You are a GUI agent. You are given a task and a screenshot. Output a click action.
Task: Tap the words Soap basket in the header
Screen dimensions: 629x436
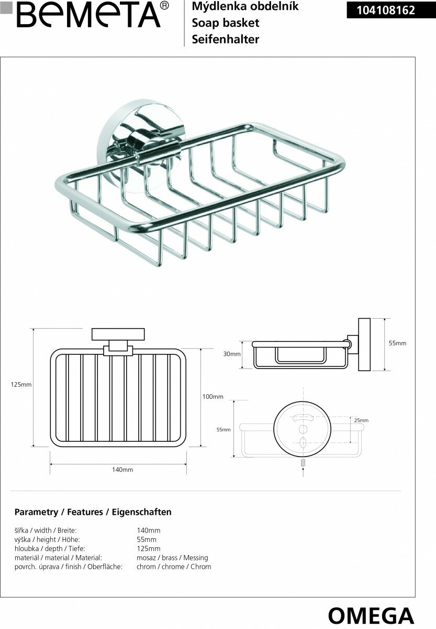tap(226, 23)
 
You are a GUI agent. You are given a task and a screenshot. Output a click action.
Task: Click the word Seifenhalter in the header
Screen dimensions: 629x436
tap(226, 39)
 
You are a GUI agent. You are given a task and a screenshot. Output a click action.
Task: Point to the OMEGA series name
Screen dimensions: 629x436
tap(371, 615)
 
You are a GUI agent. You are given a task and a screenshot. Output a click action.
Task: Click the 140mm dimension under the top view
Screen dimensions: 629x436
tap(122, 470)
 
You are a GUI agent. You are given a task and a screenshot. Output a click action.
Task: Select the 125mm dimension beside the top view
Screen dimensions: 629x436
tap(21, 384)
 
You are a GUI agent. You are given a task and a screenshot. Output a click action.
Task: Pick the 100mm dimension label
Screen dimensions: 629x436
tap(213, 397)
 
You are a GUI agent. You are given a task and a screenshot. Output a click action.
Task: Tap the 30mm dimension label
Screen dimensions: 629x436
tap(231, 354)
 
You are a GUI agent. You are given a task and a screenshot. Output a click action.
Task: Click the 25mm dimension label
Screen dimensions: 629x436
tap(361, 420)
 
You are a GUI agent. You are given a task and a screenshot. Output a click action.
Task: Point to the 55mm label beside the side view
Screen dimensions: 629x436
tap(397, 343)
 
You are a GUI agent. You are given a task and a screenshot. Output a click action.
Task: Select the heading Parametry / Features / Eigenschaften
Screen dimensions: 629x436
tap(93, 512)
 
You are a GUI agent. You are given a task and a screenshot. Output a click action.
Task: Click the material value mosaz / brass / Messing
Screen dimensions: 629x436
tap(172, 558)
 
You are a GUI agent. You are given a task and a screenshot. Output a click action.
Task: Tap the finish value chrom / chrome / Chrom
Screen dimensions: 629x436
tap(174, 567)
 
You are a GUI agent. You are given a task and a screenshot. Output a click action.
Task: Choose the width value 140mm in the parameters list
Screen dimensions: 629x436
tap(148, 530)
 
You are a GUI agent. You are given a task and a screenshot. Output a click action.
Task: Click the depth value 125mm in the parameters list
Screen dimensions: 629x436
tap(148, 549)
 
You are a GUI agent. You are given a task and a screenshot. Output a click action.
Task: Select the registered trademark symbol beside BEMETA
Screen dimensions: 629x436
tap(164, 6)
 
